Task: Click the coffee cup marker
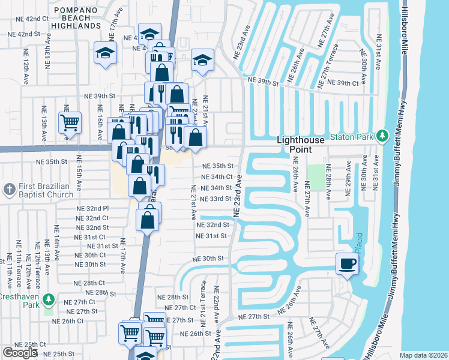348,263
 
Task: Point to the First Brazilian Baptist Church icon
8,190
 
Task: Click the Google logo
20,353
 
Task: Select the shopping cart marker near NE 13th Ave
70,124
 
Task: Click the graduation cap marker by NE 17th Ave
105,54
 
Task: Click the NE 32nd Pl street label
93,209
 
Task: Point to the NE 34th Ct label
217,177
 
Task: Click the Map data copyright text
423,355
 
